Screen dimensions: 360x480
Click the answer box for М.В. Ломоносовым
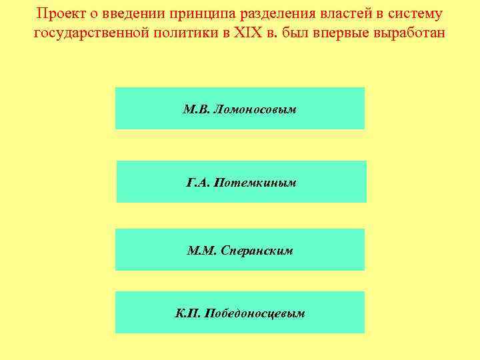tap(240, 108)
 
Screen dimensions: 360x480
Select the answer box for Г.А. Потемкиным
tap(241, 181)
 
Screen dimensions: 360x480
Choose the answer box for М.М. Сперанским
tap(240, 250)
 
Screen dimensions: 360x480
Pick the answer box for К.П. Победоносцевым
tap(240, 312)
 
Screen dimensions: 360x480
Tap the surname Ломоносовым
tap(257, 109)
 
